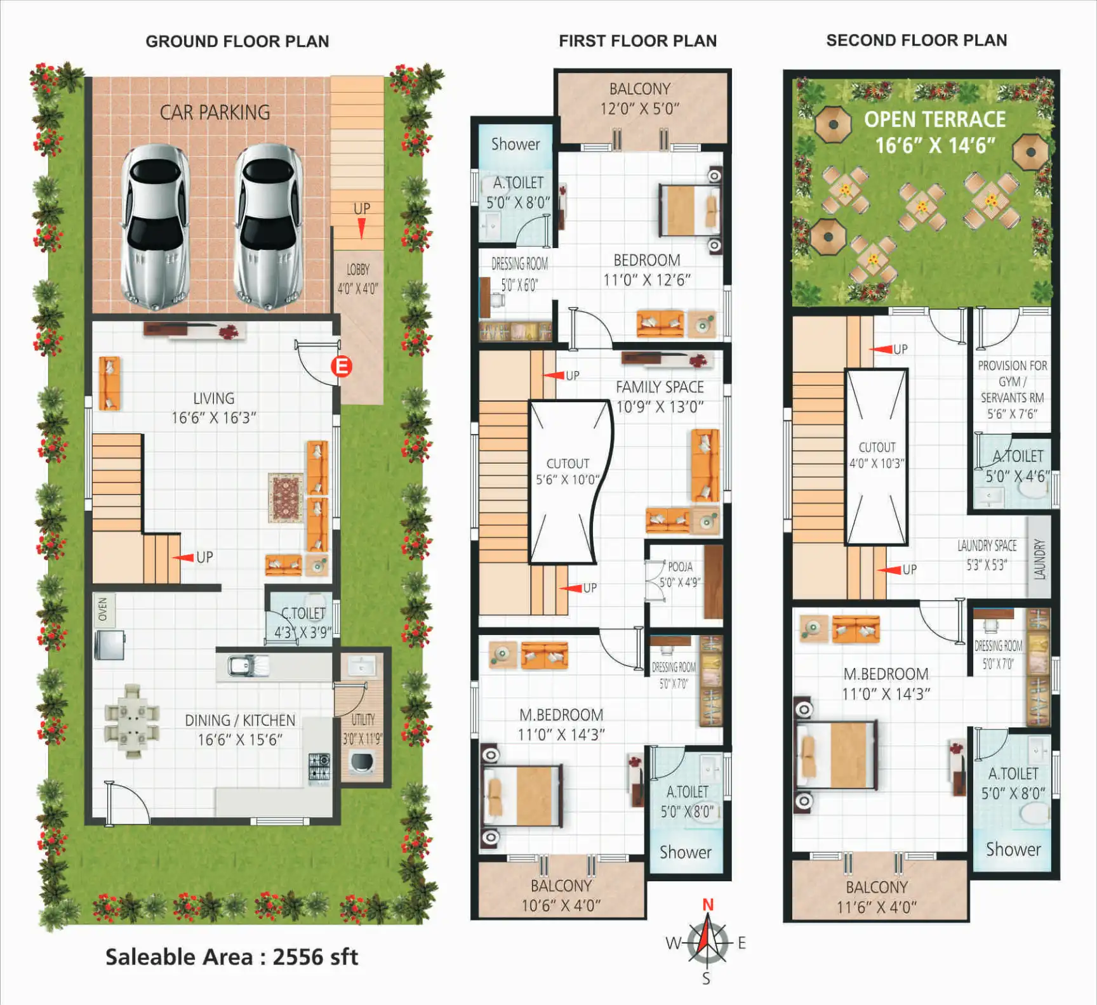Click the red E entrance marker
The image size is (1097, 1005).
pos(342,366)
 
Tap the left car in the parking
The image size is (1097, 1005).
pos(156,227)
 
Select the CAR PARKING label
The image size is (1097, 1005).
pos(215,112)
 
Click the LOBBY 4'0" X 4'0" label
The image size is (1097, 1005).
pos(358,279)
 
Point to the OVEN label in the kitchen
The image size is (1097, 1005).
pos(103,609)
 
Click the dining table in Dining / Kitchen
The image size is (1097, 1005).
pos(132,721)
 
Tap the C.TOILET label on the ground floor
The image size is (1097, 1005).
pos(303,614)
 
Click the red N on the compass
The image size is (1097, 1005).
pos(708,905)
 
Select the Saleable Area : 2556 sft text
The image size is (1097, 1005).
pos(232,957)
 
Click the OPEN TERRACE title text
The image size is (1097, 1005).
pos(934,119)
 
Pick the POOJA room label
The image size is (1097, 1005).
pos(680,567)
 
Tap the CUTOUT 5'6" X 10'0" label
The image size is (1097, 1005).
pos(568,471)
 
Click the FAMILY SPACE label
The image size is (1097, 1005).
pos(660,387)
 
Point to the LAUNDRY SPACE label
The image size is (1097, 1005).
pos(987,546)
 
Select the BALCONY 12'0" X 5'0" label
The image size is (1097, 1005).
pos(640,98)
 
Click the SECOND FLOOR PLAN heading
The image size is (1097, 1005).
pos(917,41)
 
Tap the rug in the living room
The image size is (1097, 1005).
pos(286,498)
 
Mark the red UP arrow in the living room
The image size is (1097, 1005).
pos(183,558)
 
